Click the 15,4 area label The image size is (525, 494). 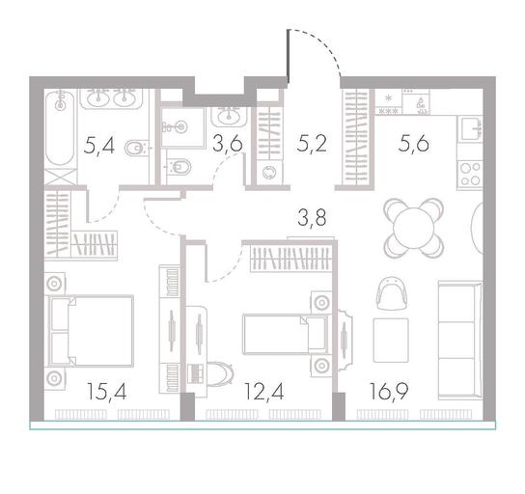pyautogui.click(x=106, y=392)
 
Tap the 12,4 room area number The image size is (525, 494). pyautogui.click(x=264, y=392)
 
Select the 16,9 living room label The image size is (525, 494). pyautogui.click(x=389, y=392)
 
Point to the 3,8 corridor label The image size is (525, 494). pyautogui.click(x=312, y=218)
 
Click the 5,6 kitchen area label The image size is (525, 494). pyautogui.click(x=414, y=145)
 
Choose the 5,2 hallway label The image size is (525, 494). pyautogui.click(x=312, y=145)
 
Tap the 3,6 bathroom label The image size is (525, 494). pyautogui.click(x=228, y=145)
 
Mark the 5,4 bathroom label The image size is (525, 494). pyautogui.click(x=99, y=147)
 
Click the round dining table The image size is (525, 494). pyautogui.click(x=414, y=229)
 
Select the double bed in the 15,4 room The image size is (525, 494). pyautogui.click(x=91, y=331)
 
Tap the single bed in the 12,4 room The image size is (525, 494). pyautogui.click(x=286, y=335)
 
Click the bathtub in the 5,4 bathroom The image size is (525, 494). pyautogui.click(x=60, y=128)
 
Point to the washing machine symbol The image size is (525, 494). pyautogui.click(x=269, y=173)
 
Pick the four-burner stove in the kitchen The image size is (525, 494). pyautogui.click(x=470, y=174)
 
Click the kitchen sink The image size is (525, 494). pyautogui.click(x=470, y=129)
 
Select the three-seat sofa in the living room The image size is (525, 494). pyautogui.click(x=460, y=340)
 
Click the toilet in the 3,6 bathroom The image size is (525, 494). pyautogui.click(x=179, y=166)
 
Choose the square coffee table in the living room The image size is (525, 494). pyautogui.click(x=391, y=340)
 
